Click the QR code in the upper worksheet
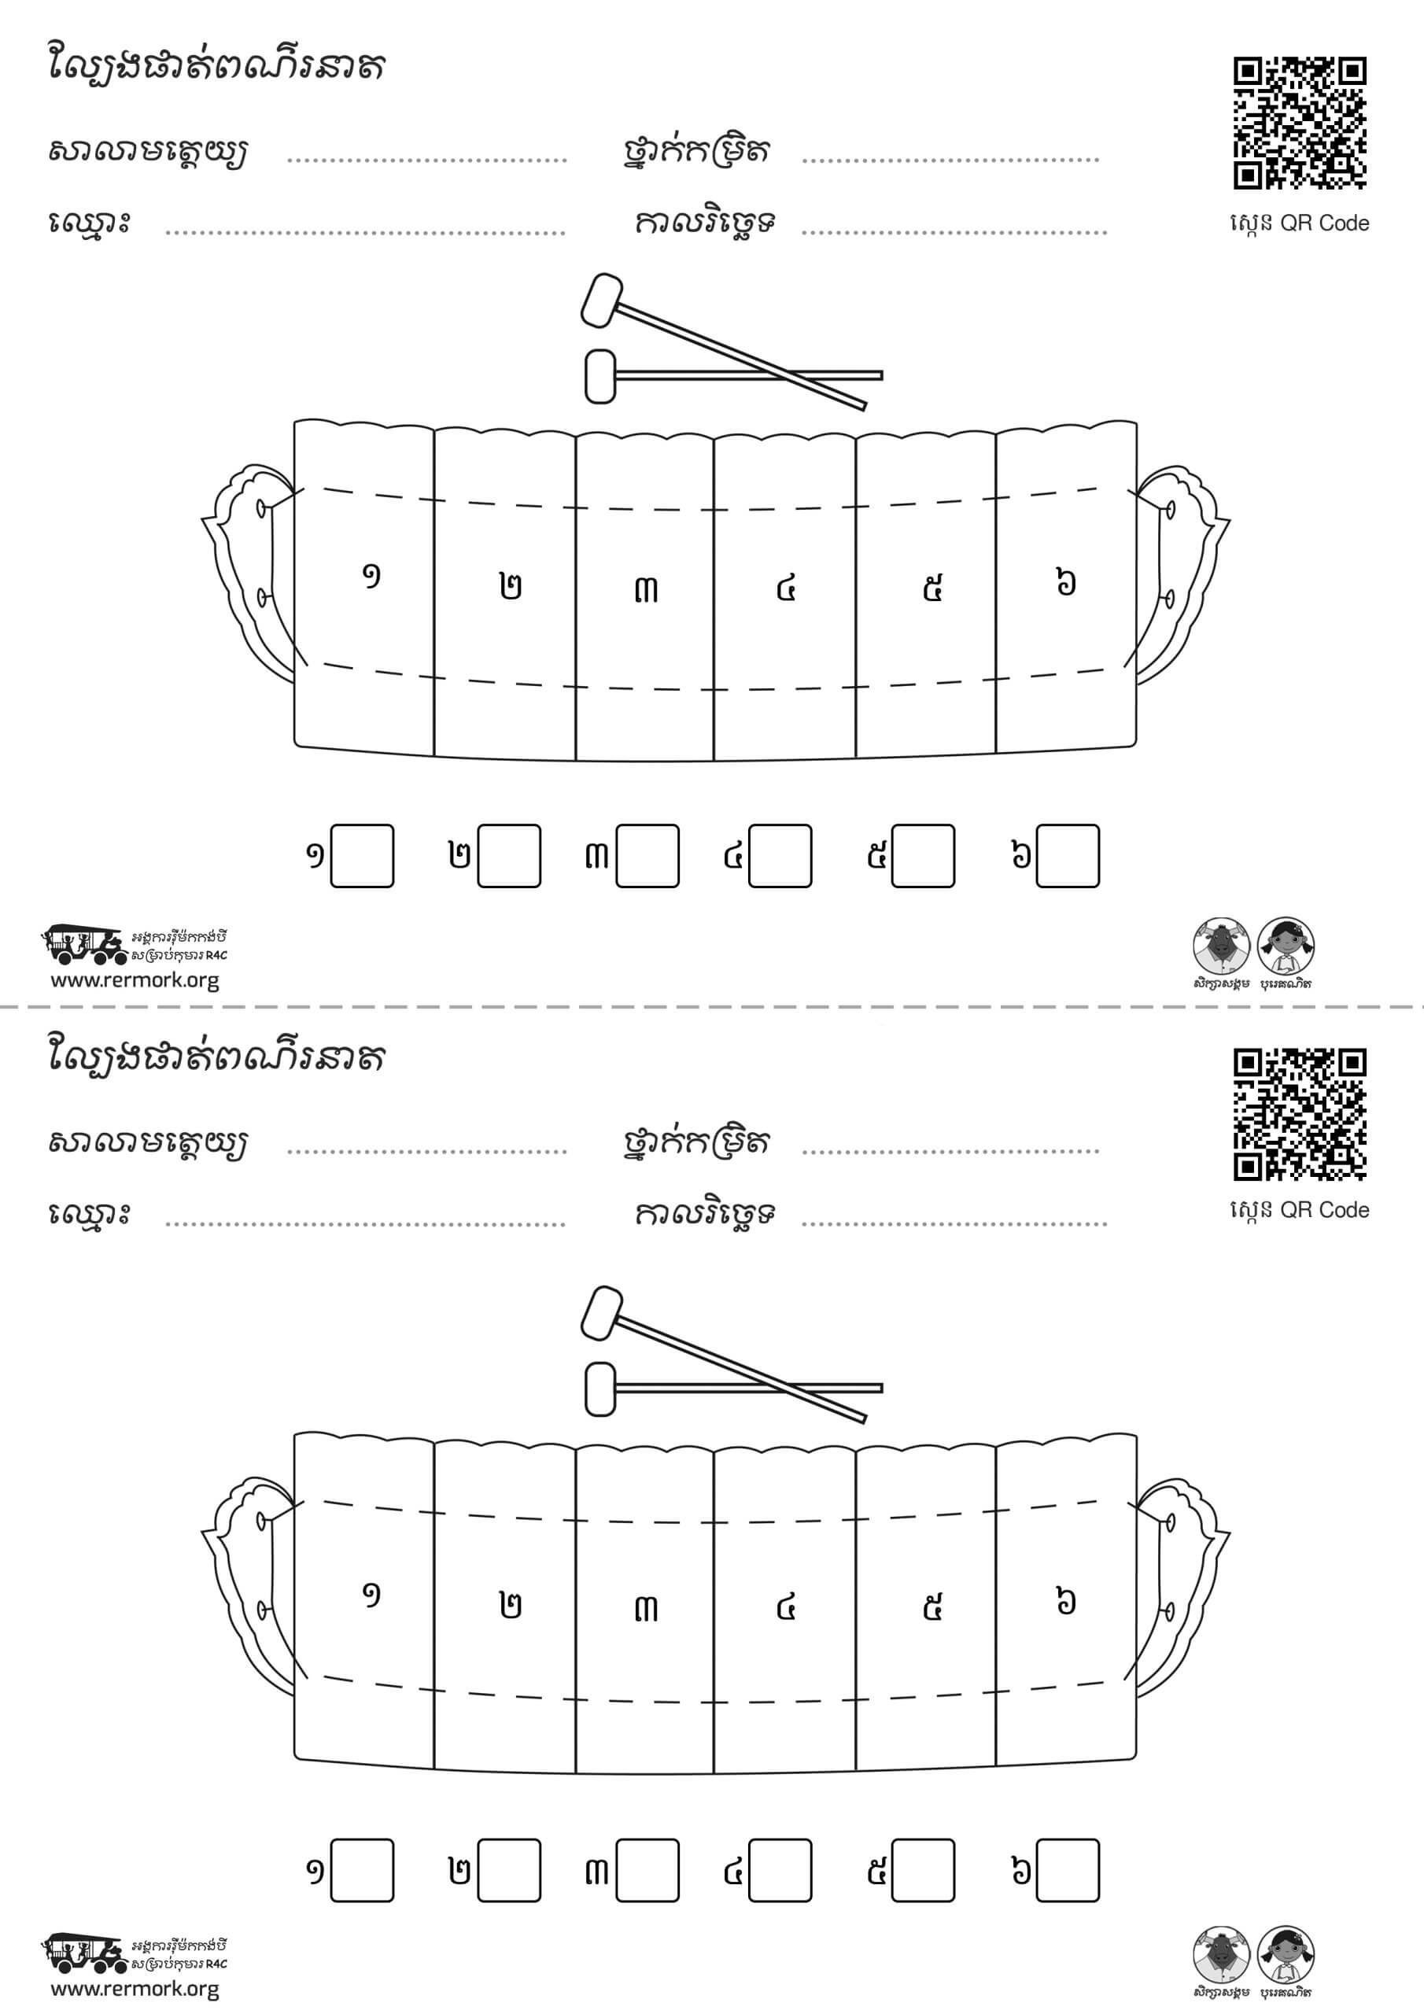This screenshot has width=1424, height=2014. click(x=1300, y=123)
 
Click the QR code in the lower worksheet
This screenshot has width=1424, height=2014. click(x=1300, y=1114)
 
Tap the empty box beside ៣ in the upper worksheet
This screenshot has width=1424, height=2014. click(x=647, y=855)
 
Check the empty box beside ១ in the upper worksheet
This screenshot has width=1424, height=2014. click(x=363, y=855)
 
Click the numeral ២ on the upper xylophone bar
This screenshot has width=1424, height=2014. click(x=511, y=586)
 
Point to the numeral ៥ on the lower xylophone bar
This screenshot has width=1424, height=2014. click(x=932, y=1607)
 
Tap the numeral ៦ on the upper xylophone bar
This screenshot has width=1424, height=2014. click(x=1065, y=581)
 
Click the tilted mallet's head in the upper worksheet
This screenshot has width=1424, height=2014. click(x=601, y=301)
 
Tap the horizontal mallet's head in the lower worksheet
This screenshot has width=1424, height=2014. click(x=600, y=1389)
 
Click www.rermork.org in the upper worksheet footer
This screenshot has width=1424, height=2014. click(x=135, y=981)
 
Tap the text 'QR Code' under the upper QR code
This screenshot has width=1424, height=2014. click(x=1324, y=223)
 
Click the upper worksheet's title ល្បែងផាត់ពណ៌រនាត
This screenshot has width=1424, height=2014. click(x=216, y=67)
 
